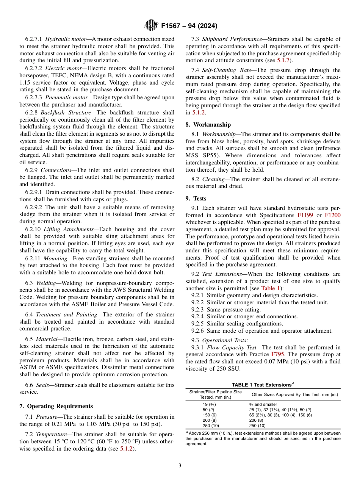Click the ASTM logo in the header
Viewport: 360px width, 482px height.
click(152, 26)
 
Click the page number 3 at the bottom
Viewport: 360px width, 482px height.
click(180, 465)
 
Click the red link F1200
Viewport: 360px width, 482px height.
click(333, 214)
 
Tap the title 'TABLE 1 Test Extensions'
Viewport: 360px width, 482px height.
click(261, 385)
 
